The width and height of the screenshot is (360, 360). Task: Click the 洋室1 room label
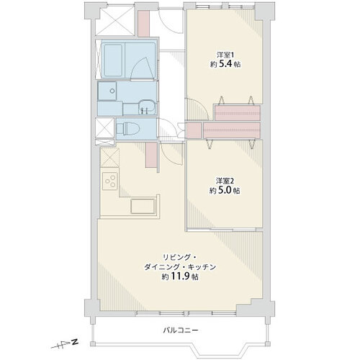tap(225, 55)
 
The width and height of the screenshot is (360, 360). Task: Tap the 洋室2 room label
tap(225, 181)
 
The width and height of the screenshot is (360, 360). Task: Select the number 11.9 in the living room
tap(181, 276)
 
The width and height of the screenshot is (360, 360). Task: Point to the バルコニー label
tap(181, 330)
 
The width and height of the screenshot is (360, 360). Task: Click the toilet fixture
tap(128, 129)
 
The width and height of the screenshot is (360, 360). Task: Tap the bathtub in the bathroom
tap(113, 60)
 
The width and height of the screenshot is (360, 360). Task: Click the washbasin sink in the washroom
tap(147, 107)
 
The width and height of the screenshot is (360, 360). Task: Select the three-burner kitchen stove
tap(110, 181)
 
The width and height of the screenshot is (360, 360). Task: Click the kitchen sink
tap(143, 207)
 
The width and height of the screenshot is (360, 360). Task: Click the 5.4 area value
tap(228, 64)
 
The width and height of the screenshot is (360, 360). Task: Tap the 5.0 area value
tap(228, 190)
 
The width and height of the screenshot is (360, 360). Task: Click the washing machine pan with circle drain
tap(107, 91)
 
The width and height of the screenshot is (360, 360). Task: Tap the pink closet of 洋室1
tap(238, 112)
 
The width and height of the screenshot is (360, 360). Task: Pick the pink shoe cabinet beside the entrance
tap(143, 23)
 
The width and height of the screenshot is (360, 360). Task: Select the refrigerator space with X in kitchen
tap(109, 158)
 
